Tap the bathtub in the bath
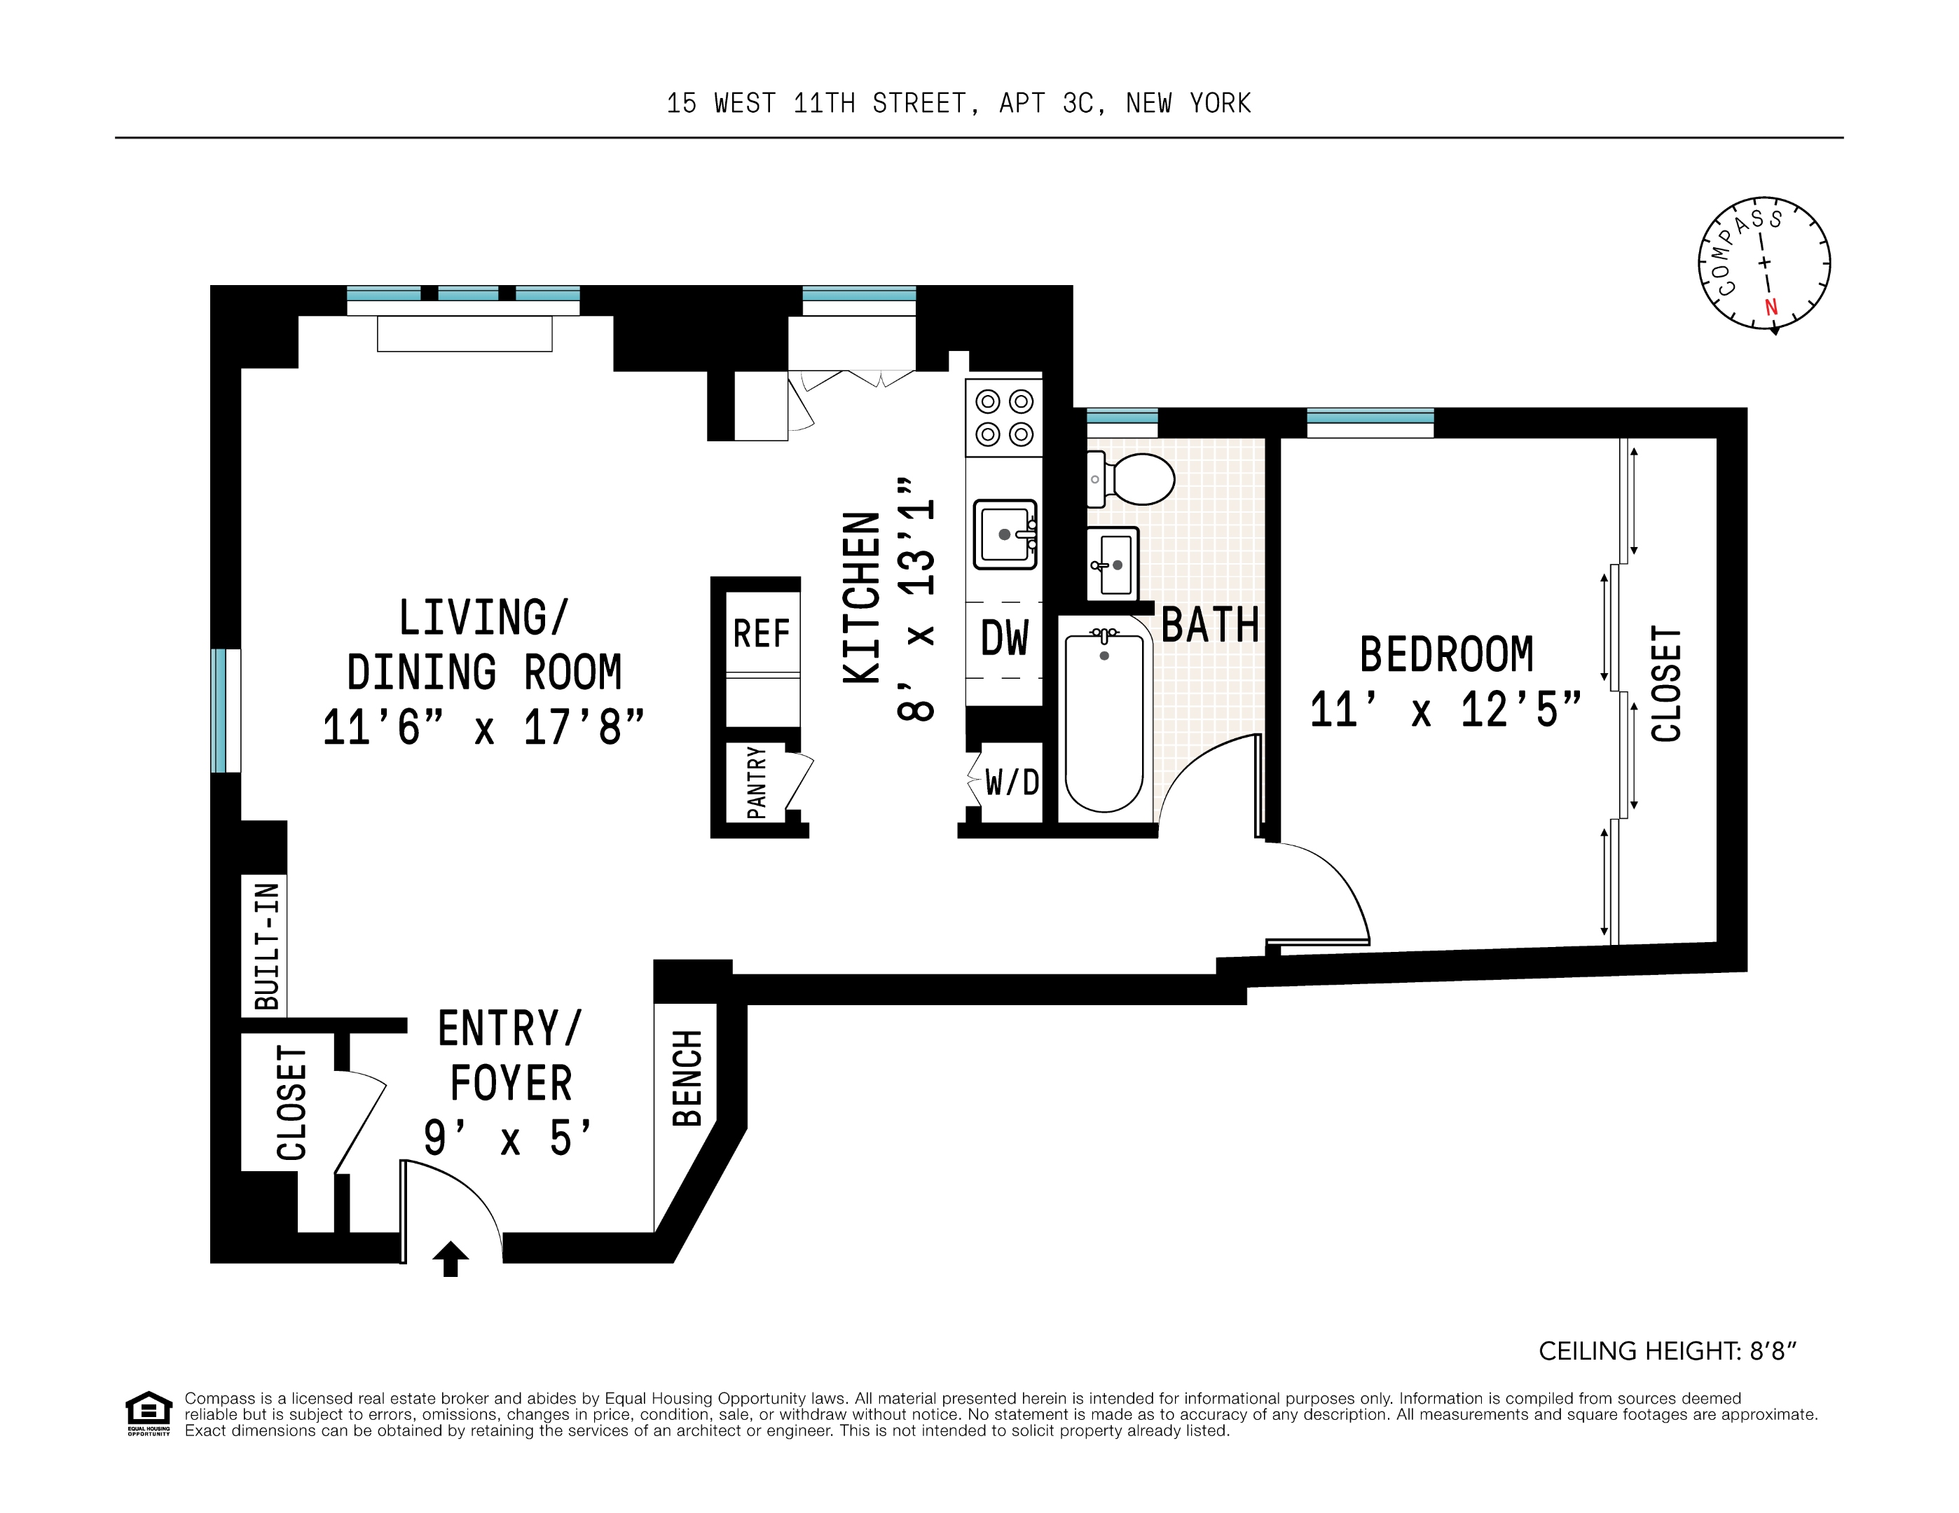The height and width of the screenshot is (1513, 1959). pos(1104,723)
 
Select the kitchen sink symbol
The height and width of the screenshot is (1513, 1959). pos(1005,534)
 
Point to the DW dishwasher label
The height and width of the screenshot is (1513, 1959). pos(1005,639)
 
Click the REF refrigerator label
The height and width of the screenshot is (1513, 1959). pos(762,634)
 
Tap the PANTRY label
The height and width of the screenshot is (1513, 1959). pos(756,782)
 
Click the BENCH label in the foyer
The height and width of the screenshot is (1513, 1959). pos(687,1077)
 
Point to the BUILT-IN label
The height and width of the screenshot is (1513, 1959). pos(266,946)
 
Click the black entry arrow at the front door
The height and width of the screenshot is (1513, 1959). pos(451,1257)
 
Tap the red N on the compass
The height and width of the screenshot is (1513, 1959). pos(1771,308)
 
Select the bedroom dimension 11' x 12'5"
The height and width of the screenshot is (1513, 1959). pos(1445,710)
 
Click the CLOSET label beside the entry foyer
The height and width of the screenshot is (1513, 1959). pos(291,1103)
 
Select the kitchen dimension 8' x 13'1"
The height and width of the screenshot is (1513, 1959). pos(916,598)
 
